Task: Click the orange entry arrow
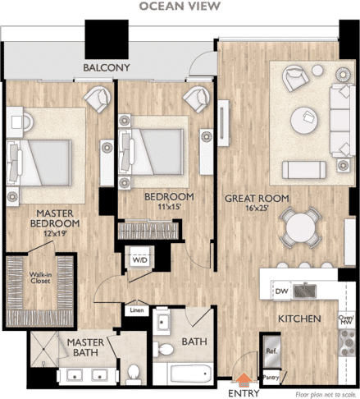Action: click(244, 379)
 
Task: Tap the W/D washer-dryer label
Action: click(139, 259)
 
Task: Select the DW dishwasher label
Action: click(281, 291)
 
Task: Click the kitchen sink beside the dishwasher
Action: click(304, 291)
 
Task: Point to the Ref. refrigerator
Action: click(271, 351)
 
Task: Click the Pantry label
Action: click(271, 378)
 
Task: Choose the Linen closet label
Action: click(137, 310)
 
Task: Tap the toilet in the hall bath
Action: click(163, 349)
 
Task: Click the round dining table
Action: click(300, 227)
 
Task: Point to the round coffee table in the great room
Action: click(304, 120)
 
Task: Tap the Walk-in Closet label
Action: click(40, 277)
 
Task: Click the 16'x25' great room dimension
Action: click(257, 208)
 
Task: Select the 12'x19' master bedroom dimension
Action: click(55, 234)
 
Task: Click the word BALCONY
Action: click(107, 67)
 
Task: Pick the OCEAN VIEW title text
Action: click(180, 6)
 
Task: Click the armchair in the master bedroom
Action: click(98, 99)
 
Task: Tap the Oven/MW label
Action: click(347, 320)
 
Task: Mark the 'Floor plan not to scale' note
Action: click(326, 395)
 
